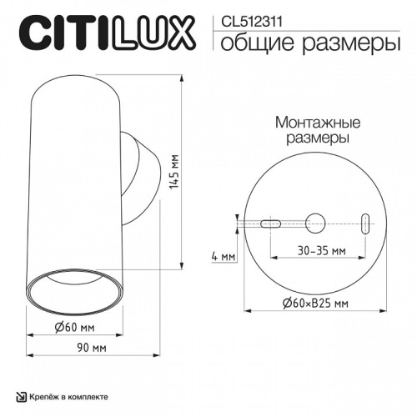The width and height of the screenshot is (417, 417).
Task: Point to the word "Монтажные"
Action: click(x=313, y=120)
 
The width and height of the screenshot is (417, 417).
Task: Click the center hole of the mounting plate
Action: click(x=314, y=223)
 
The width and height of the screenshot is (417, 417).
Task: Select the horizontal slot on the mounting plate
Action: click(x=270, y=223)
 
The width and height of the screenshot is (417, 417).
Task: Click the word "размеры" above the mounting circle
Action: click(x=313, y=136)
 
